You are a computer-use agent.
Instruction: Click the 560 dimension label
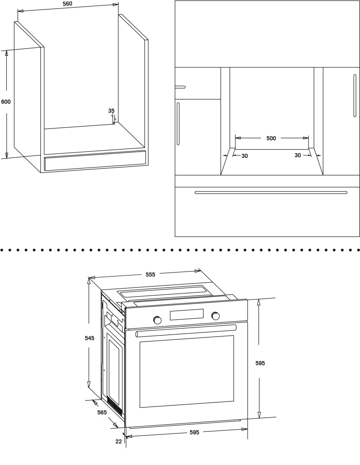(67, 4)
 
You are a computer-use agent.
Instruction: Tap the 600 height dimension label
(6, 102)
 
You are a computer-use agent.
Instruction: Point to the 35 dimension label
(111, 111)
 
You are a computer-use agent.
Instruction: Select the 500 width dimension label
(271, 138)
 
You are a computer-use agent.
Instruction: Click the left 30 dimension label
(244, 156)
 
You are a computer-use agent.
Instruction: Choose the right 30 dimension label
(298, 155)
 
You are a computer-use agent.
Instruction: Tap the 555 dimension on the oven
(150, 274)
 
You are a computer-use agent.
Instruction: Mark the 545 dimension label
(89, 338)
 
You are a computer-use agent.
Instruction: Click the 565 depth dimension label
(102, 412)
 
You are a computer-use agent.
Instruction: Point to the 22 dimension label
(118, 441)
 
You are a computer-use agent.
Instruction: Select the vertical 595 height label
(260, 363)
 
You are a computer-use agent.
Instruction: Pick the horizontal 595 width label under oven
(194, 432)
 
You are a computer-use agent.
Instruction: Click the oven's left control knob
(157, 320)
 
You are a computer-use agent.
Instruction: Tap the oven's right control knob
(215, 316)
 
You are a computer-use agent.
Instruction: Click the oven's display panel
(186, 314)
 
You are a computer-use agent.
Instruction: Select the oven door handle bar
(186, 330)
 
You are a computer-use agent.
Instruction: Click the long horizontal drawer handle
(271, 192)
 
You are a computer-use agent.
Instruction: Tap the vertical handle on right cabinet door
(355, 95)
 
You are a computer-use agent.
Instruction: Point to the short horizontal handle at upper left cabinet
(180, 87)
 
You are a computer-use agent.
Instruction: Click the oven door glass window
(186, 371)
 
